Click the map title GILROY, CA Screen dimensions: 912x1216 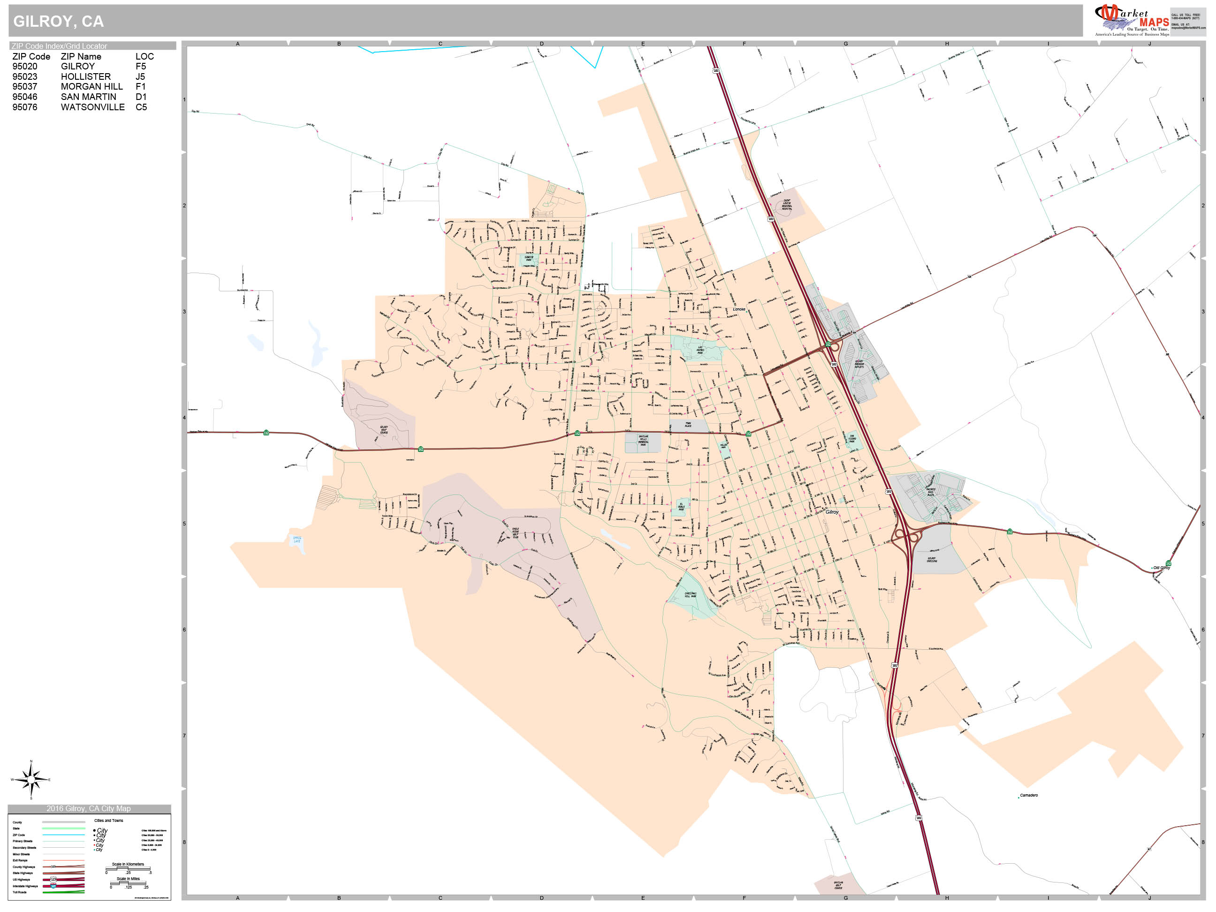[58, 22]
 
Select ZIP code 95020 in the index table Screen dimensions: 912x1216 [25, 67]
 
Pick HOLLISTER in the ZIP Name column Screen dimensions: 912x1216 [86, 76]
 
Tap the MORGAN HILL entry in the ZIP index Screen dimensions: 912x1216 [92, 86]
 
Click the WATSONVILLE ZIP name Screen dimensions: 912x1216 [93, 107]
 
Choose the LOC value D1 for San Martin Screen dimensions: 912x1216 [141, 97]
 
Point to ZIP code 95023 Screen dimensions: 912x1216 [25, 76]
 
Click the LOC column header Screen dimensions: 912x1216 [144, 56]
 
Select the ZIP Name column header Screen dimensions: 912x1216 [81, 56]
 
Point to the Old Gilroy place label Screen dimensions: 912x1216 [1162, 568]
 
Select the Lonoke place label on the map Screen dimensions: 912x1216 [739, 309]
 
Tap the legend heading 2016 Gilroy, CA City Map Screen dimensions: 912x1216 [89, 809]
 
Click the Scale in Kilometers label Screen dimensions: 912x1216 [128, 864]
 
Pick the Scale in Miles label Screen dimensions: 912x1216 [128, 879]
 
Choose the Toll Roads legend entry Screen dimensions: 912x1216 [20, 892]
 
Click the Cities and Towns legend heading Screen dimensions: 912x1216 [109, 821]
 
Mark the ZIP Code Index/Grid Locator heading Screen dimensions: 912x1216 [60, 46]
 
